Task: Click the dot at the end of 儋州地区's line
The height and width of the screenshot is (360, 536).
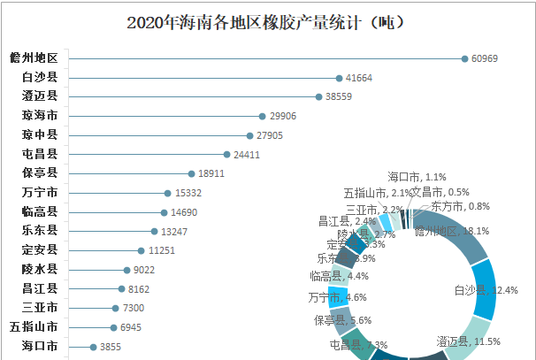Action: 465,58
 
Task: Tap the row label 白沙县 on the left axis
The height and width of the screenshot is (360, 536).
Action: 40,78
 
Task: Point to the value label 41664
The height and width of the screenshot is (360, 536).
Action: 362,78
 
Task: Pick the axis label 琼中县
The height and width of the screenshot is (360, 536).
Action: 40,135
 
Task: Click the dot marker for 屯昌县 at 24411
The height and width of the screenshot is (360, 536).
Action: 227,154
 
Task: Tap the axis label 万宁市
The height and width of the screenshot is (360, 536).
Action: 40,193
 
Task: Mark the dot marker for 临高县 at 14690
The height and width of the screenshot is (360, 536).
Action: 164,212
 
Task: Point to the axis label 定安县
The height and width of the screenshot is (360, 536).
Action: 40,250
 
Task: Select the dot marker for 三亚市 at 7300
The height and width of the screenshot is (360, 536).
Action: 115,309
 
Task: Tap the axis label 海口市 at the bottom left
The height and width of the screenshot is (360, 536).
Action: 40,347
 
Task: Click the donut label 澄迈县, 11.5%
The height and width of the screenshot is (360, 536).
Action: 469,341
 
